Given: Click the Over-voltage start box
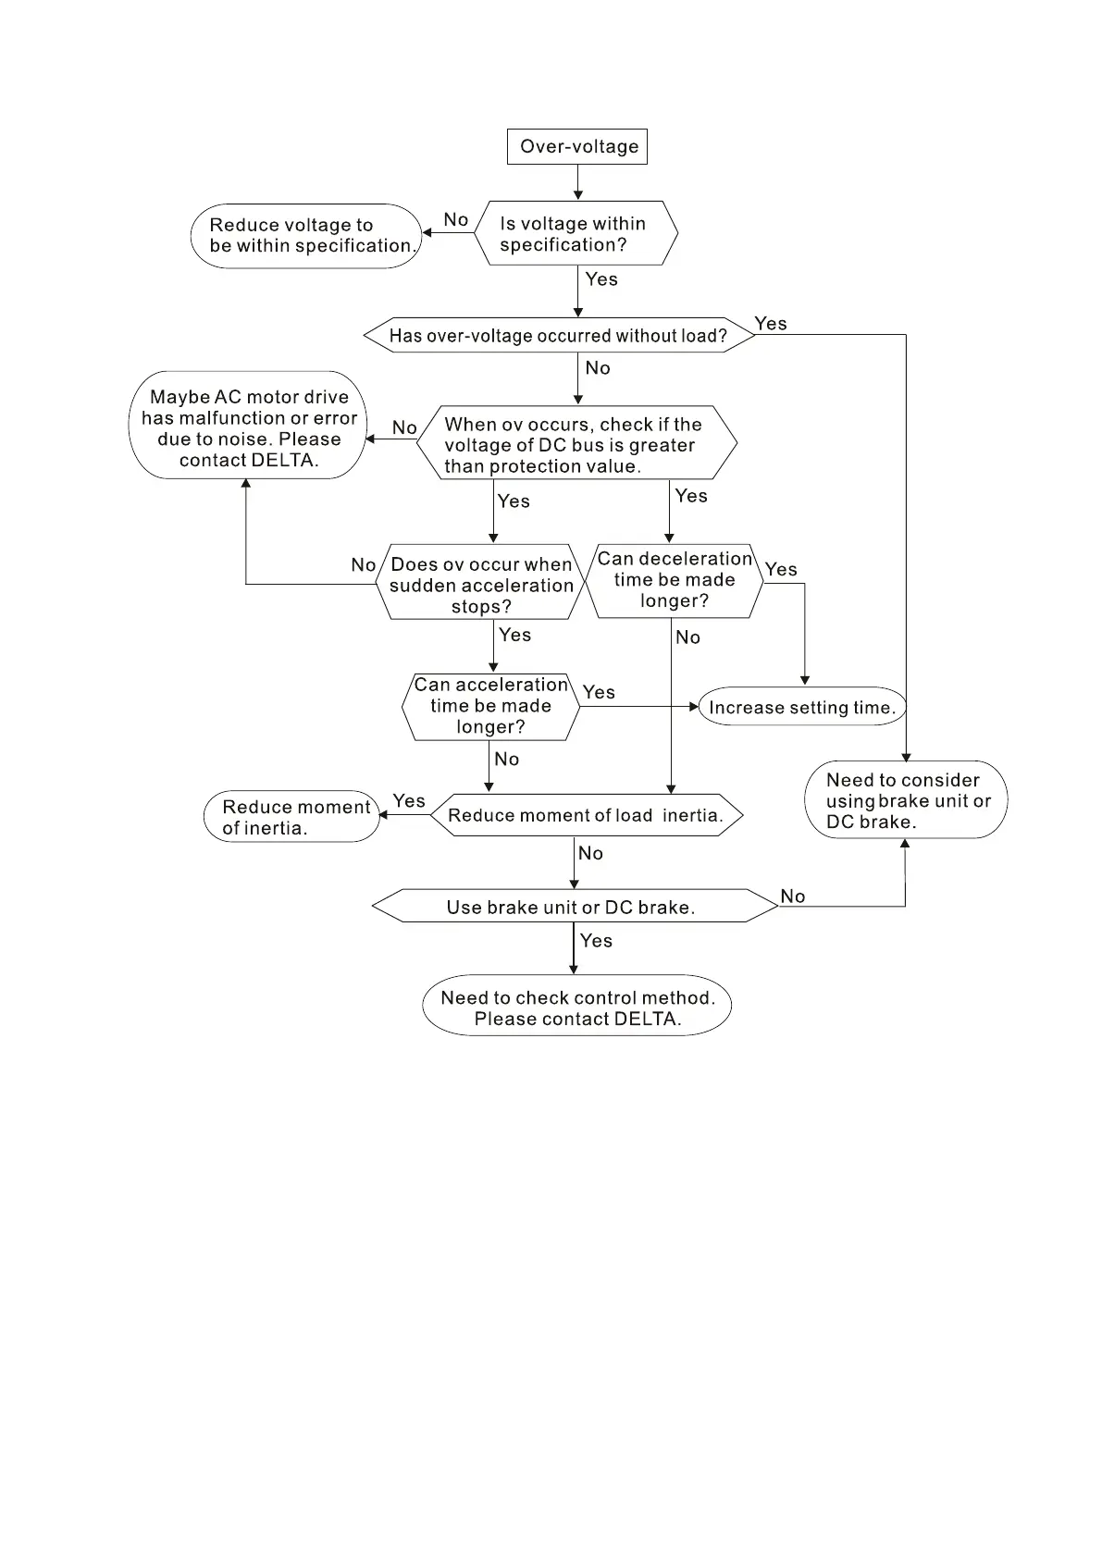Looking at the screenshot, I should (577, 146).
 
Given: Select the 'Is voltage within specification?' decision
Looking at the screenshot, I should (576, 233).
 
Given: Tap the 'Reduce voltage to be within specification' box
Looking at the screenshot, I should (306, 236).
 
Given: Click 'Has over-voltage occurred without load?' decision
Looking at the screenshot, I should (558, 335).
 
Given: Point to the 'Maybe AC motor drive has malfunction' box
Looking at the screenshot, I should (248, 426).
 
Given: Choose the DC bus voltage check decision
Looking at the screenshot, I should (576, 444).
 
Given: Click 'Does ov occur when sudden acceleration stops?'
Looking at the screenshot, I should (481, 584).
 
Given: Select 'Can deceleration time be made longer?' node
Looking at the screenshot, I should (674, 580).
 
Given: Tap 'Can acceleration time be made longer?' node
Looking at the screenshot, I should (490, 706).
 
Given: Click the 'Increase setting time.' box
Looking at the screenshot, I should (801, 707).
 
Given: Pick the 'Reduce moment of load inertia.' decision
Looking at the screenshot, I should (586, 815).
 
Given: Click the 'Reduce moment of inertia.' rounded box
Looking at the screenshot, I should (292, 817).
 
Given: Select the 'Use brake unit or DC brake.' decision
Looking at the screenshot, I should (572, 907).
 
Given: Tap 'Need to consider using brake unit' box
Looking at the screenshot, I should (906, 800).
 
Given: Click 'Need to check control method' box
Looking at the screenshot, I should (577, 1007).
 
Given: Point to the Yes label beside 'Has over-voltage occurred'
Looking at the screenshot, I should (771, 323).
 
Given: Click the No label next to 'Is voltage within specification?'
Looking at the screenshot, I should (456, 219).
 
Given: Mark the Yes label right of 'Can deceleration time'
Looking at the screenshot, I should (781, 569).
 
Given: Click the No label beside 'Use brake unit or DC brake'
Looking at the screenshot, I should (793, 896).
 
